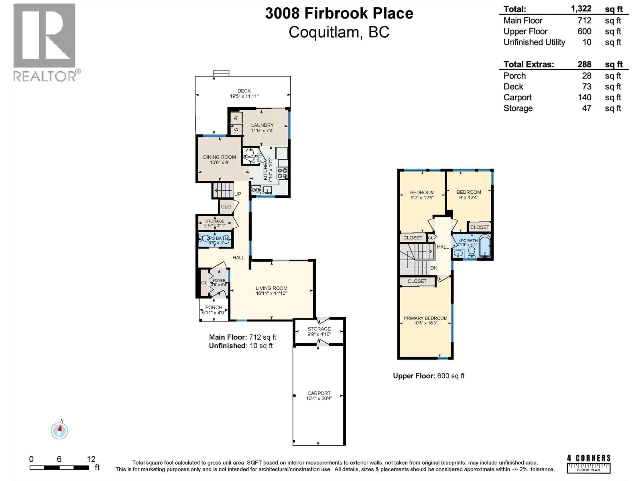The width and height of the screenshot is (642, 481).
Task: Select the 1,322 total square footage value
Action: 581,9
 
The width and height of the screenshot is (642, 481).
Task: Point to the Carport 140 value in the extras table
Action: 584,97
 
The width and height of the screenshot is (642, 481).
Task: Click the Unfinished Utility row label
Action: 534,42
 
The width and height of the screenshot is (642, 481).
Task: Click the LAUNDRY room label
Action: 262,125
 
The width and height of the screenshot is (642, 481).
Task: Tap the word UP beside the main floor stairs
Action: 237,194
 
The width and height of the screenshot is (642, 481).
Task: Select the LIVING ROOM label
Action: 271,288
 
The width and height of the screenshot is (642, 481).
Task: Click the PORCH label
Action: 214,307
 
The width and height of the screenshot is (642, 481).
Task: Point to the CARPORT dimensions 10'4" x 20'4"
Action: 319,398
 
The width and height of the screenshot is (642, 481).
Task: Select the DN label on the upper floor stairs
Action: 434,268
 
